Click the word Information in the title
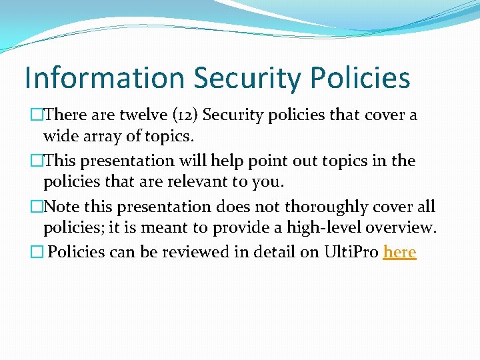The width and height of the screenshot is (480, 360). (x=104, y=78)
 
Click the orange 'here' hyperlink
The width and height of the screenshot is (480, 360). (x=400, y=252)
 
